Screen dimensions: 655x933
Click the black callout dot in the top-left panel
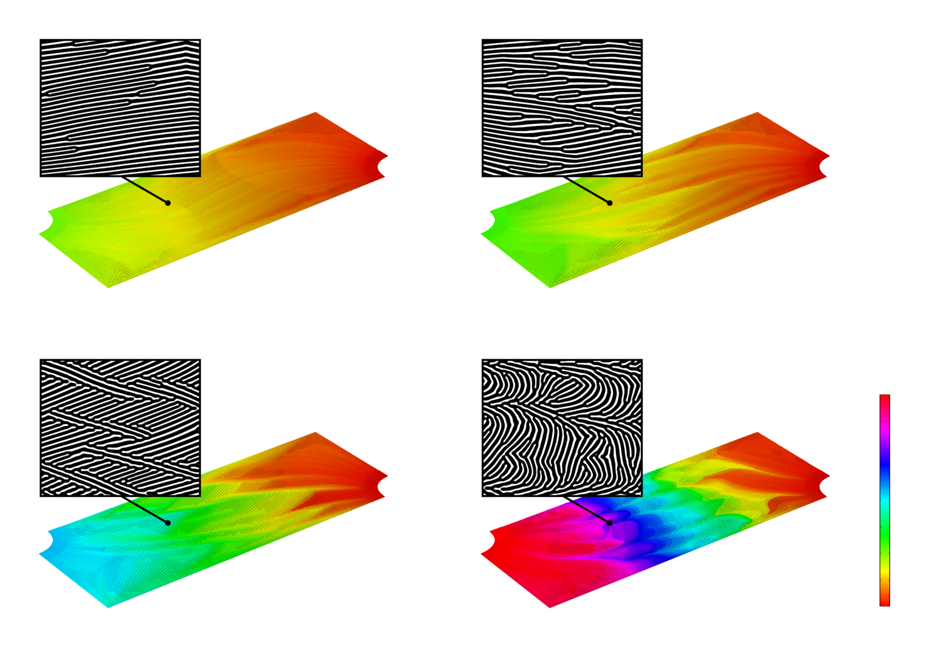168,202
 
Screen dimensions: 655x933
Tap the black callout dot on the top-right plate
609,202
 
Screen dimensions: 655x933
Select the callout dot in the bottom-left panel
168,523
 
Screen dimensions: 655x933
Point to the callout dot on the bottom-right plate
609,523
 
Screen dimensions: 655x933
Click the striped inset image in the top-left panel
120,109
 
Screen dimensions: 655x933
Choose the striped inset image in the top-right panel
562,109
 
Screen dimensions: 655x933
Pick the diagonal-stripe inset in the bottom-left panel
120,428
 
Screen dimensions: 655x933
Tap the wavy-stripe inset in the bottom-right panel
562,428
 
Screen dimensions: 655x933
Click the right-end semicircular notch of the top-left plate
382,166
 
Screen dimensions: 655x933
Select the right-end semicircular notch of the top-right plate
824,166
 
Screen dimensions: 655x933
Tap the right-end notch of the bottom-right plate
824,486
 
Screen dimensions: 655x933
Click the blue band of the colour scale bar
884,468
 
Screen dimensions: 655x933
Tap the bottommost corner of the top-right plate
550,287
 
